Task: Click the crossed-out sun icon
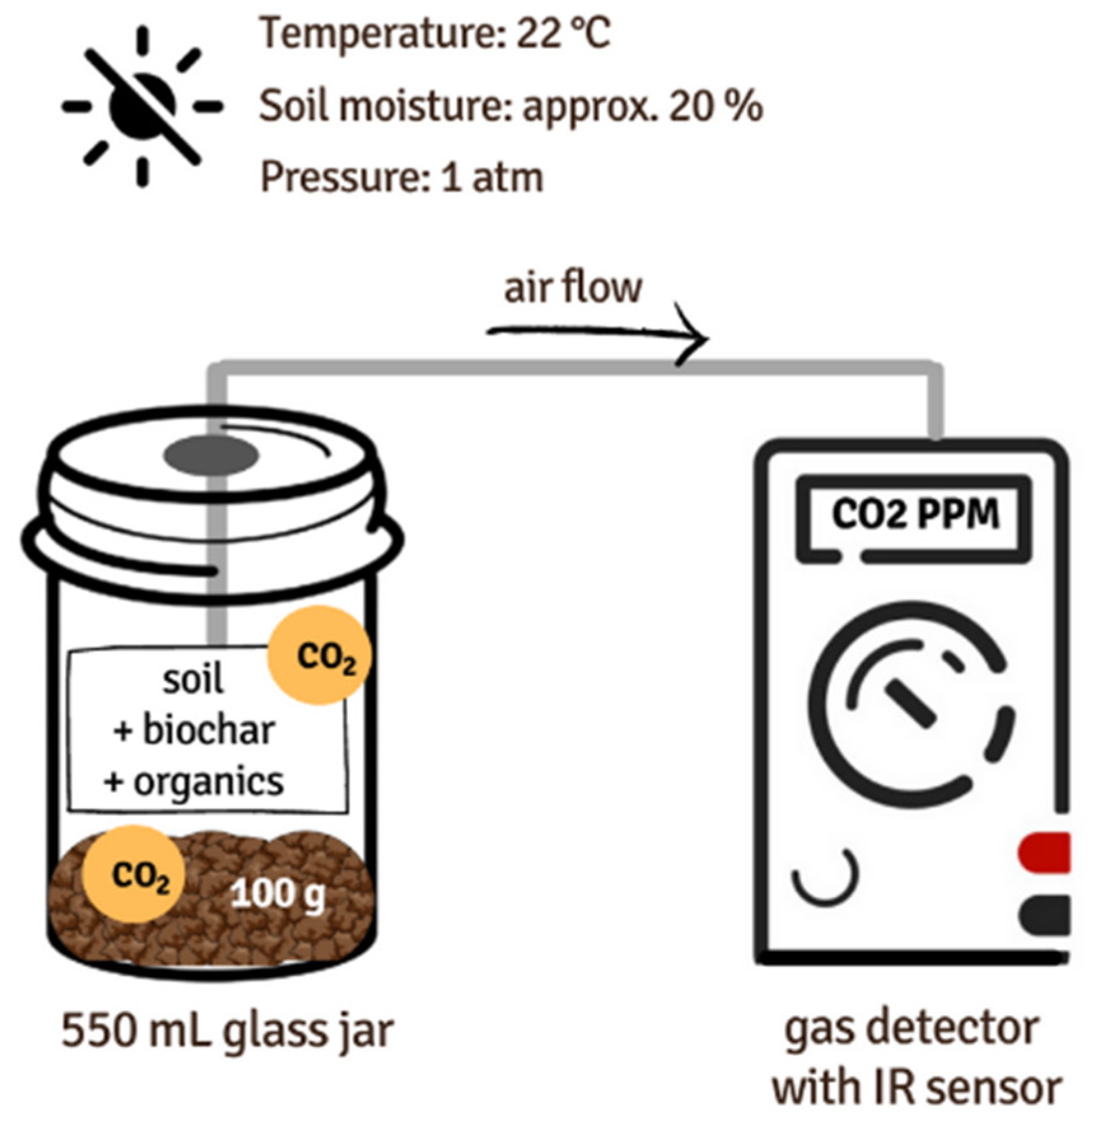(x=142, y=107)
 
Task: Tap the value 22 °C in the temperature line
(x=562, y=33)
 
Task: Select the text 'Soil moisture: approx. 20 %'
(x=511, y=106)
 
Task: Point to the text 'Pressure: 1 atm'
(x=402, y=177)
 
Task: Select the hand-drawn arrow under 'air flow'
(x=598, y=334)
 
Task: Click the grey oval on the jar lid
(x=211, y=455)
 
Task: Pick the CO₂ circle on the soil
(x=134, y=875)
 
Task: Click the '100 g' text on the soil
(x=277, y=893)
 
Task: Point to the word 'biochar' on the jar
(x=208, y=730)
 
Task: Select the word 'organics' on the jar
(x=208, y=781)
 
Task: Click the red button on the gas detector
(x=1045, y=853)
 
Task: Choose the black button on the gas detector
(x=1045, y=915)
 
